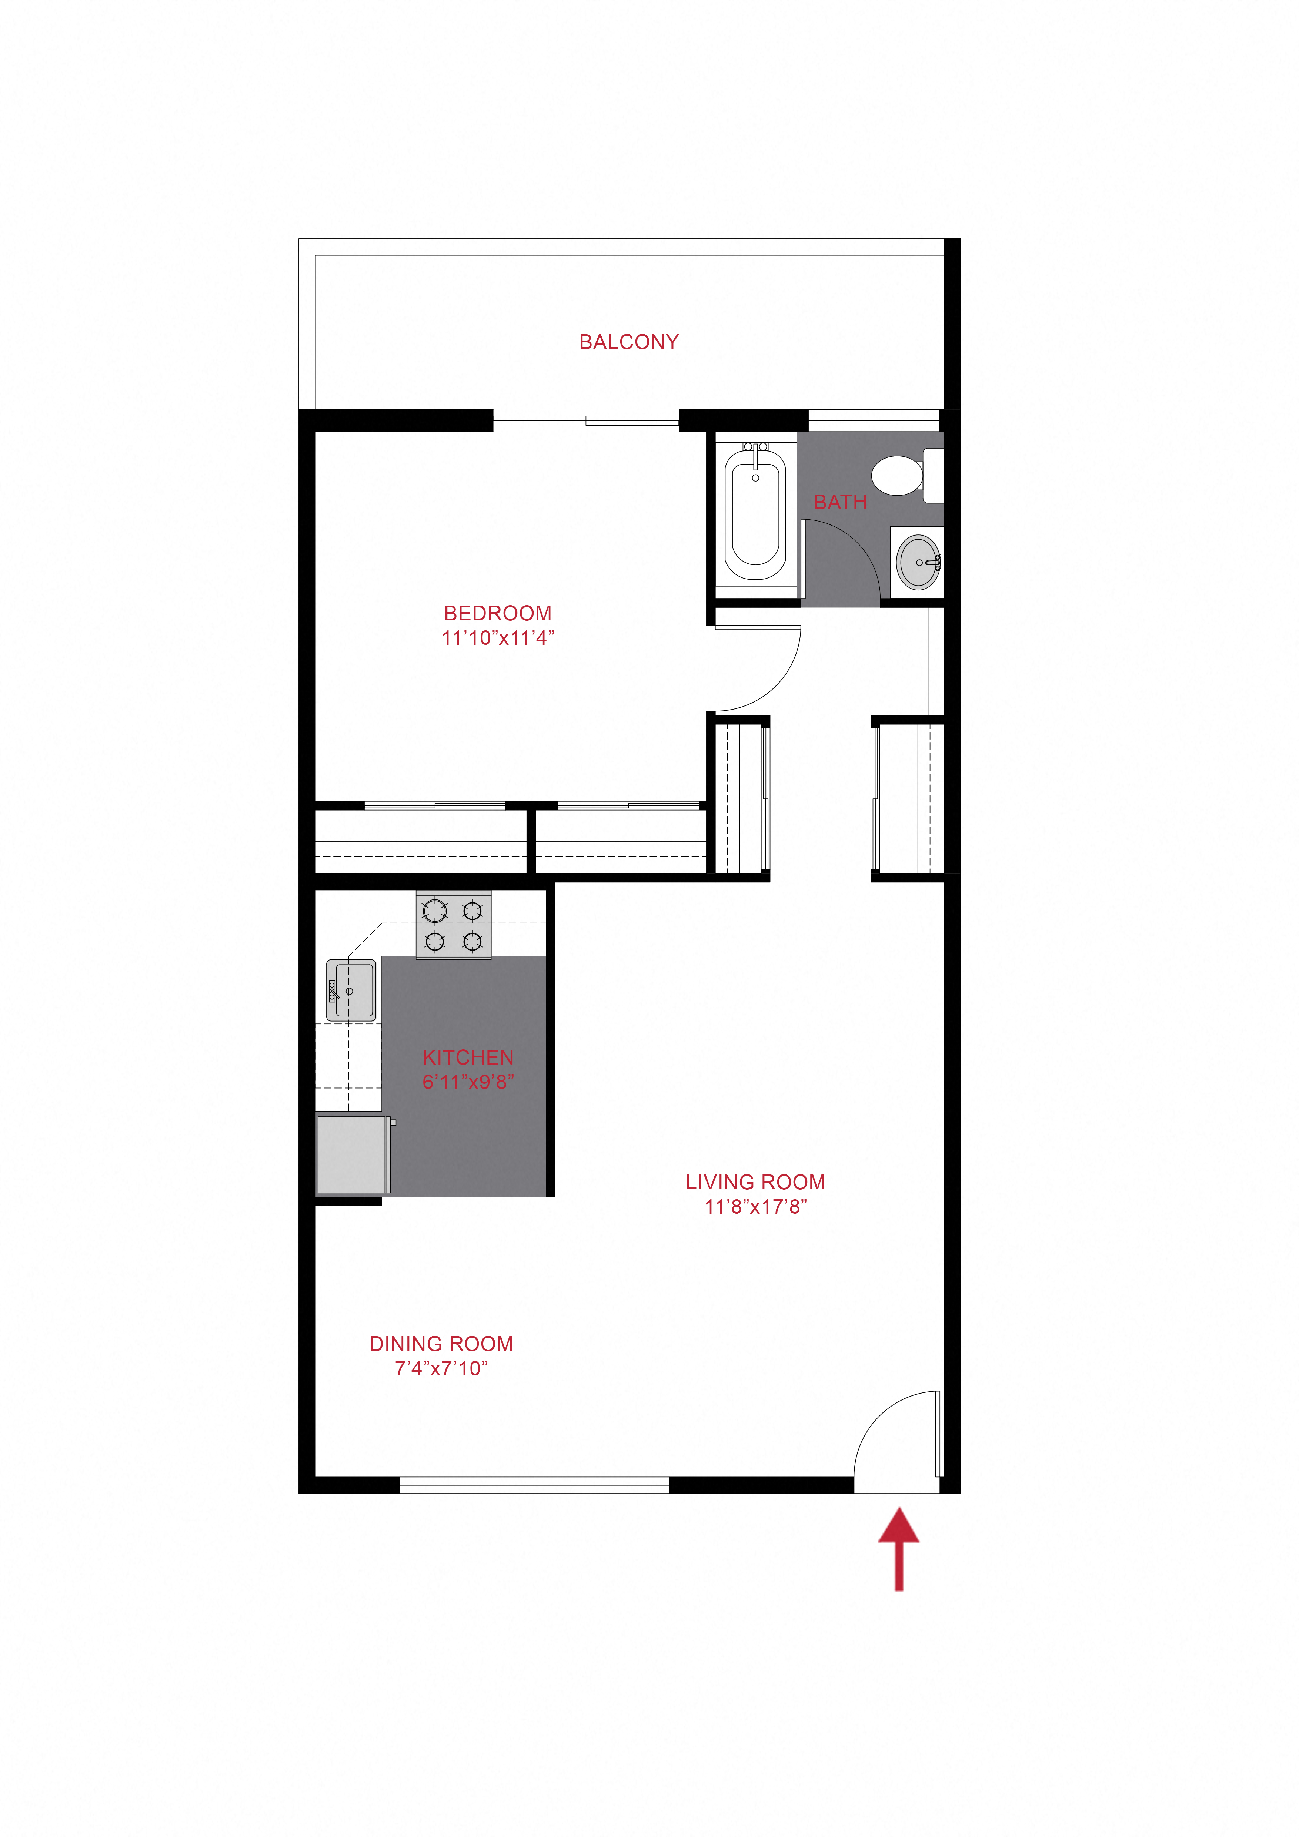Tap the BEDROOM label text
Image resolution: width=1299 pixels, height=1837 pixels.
tap(498, 614)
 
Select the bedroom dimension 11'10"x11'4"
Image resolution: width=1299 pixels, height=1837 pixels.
tap(498, 638)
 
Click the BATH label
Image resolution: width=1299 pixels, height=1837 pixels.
tap(841, 502)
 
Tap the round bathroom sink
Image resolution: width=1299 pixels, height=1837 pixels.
tap(918, 563)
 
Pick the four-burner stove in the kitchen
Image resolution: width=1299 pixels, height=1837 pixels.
tap(454, 925)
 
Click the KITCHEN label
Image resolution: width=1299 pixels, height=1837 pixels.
tap(468, 1058)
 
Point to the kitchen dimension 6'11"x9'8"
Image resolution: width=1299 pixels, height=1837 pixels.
tap(468, 1082)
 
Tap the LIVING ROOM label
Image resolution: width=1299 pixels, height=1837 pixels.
tap(755, 1183)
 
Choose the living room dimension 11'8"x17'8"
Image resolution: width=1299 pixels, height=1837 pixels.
tap(755, 1207)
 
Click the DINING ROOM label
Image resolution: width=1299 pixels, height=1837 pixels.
tap(441, 1344)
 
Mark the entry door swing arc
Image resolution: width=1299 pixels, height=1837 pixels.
tap(878, 1415)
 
